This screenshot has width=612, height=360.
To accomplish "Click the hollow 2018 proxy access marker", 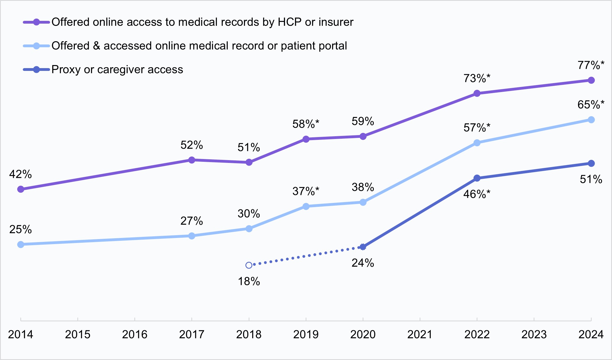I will coord(249,265).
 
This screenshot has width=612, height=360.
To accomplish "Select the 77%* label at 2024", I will coord(591,65).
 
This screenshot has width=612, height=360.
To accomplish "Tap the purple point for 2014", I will coord(21,189).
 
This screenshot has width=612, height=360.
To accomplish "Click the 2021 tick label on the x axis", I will coord(420,334).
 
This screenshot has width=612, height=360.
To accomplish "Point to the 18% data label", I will coord(249,282).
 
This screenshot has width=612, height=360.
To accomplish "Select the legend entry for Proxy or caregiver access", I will coord(117,69).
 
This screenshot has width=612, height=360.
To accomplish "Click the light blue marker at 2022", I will coord(477,143).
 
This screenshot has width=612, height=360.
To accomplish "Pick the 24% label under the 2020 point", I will coord(363,263).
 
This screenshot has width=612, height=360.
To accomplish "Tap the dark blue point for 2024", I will coord(591,163).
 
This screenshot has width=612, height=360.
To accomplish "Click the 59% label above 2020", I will coord(363,121).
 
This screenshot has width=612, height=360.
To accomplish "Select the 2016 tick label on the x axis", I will coord(135,334).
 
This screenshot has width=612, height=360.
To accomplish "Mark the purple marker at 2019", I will coord(306,139).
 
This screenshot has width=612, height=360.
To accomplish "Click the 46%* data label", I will coord(477,194).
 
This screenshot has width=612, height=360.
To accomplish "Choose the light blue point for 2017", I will coord(192,236).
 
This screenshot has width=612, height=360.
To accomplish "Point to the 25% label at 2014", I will coord(20,230).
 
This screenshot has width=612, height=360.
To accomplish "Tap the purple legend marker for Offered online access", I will coord(36,22).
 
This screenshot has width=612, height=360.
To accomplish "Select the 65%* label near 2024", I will coord(591,105).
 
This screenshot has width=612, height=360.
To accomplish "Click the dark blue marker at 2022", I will coord(477,178).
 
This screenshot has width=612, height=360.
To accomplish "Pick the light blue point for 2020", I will coord(363,202).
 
